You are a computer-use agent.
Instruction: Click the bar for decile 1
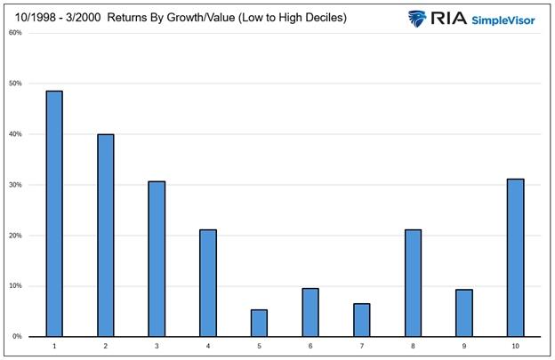tap(54, 213)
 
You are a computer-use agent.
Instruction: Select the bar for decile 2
tap(106, 236)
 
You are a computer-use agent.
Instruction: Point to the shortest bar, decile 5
tap(259, 323)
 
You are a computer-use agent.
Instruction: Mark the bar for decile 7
tap(361, 320)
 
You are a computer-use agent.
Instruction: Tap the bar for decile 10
tap(514, 258)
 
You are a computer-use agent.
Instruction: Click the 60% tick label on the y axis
tap(14, 33)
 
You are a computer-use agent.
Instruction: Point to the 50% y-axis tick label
tap(14, 84)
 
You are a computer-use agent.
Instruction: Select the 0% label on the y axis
tap(16, 337)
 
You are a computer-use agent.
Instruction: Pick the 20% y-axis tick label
tap(14, 236)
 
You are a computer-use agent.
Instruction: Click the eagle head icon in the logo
tap(418, 17)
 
